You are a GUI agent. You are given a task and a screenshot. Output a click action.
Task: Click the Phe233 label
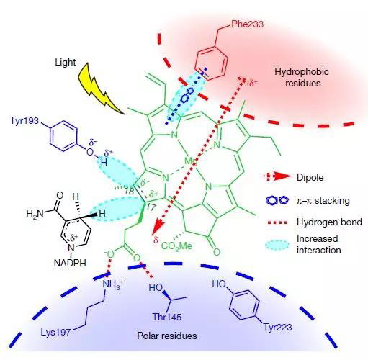coord(247,24)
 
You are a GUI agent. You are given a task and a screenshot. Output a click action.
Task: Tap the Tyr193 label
coord(24,120)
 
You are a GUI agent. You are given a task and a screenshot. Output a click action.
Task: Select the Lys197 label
coord(55,333)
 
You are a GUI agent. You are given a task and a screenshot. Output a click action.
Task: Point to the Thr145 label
coord(167,317)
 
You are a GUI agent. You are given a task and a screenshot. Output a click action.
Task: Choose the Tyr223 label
coord(278,327)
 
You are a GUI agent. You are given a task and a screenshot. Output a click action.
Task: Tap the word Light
coord(66,63)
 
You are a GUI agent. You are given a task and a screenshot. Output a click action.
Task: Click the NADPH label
coord(70,263)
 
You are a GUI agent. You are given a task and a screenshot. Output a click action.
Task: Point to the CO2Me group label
coord(177,246)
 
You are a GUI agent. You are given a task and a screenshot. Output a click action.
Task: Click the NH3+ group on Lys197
coord(113,284)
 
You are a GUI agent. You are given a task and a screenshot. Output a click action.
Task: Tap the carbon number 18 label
coord(129,192)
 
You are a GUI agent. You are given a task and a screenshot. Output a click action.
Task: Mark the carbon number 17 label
coord(151,207)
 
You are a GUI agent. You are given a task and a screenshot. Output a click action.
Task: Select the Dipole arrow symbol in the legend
coord(277,176)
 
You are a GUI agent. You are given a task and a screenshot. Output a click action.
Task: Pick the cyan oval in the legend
coord(277,245)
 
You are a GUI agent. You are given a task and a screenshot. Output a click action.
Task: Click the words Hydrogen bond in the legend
coord(329,222)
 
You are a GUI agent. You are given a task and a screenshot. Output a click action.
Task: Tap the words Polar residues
coord(167,336)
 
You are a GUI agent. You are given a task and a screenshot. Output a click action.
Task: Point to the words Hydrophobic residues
coord(302,77)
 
